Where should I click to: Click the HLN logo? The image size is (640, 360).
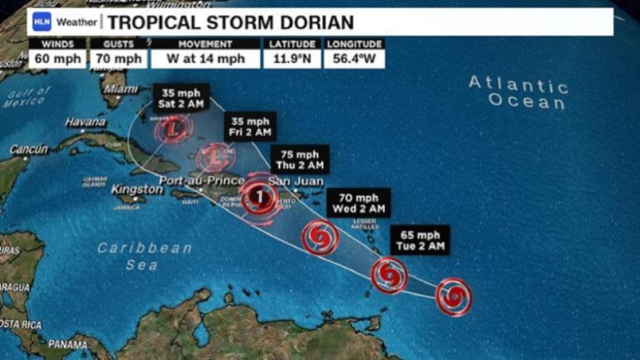pyautogui.click(x=42, y=22)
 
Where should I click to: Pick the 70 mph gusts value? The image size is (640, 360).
pyautogui.click(x=118, y=59)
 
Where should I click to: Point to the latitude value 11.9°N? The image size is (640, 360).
pyautogui.click(x=293, y=59)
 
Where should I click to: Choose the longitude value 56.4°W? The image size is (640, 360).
pyautogui.click(x=355, y=59)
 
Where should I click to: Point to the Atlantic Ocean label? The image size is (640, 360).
pyautogui.click(x=518, y=93)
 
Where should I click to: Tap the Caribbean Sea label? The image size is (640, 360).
pyautogui.click(x=144, y=256)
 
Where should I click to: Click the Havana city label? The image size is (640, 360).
pyautogui.click(x=85, y=122)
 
